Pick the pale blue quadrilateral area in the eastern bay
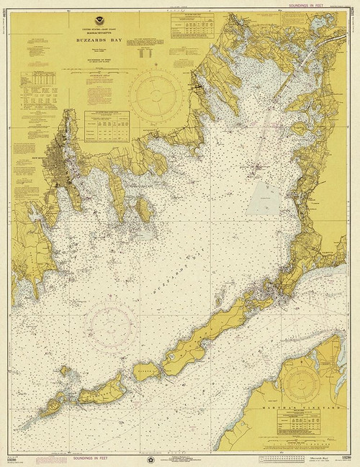click(264, 194)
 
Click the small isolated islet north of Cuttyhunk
click(63, 371)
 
